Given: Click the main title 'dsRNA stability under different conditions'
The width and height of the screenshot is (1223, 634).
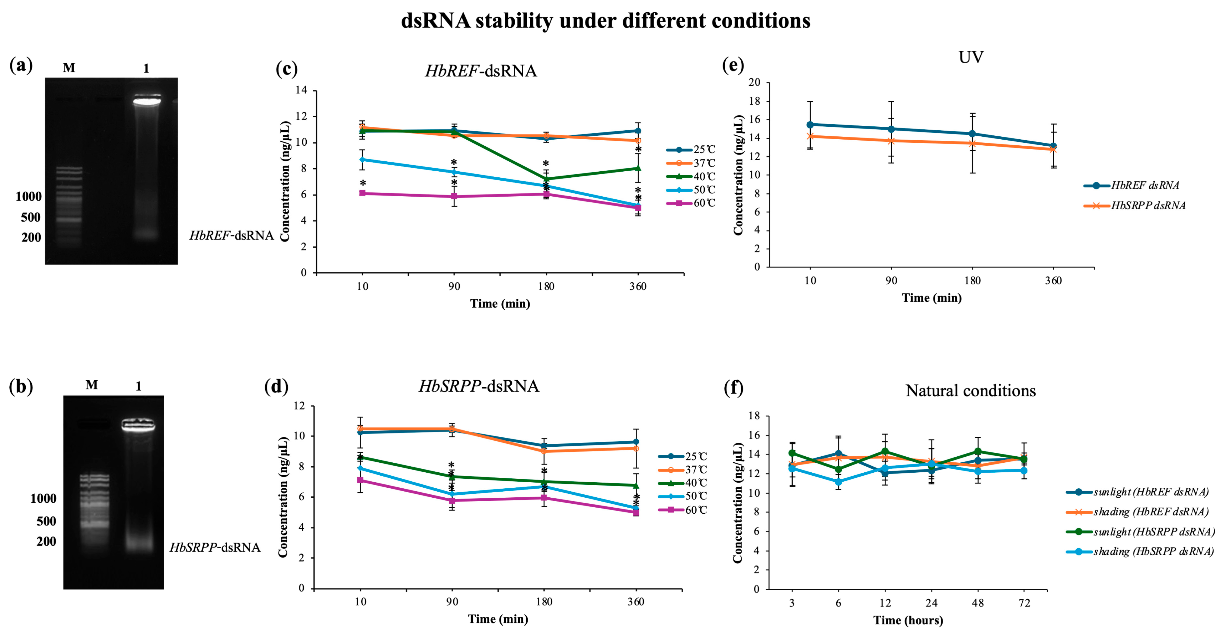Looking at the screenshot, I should tap(605, 21).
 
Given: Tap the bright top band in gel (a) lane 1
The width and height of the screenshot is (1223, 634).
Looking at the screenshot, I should tap(147, 101).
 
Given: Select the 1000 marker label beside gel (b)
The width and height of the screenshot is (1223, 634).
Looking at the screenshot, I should tap(43, 498).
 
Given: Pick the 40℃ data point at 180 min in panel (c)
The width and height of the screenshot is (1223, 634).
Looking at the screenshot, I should tap(546, 179).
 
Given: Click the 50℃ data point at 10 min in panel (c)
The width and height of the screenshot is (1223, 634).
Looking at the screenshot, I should tap(362, 160).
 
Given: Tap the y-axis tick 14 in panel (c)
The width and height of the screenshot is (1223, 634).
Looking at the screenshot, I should tap(301, 90).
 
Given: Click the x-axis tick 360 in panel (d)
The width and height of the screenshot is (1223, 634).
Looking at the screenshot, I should tap(636, 602).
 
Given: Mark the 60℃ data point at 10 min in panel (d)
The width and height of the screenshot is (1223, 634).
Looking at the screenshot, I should tap(360, 480).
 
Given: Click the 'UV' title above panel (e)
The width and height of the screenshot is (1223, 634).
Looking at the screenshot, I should tap(971, 57).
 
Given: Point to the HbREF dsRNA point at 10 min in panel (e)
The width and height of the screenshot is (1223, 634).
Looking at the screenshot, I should tap(810, 125).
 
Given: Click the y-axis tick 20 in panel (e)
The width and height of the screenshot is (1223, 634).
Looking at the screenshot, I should tap(754, 83).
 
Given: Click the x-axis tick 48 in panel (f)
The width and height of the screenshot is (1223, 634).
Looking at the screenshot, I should tap(978, 603).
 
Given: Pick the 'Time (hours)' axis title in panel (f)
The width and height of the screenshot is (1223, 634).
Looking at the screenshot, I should tap(908, 620).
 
